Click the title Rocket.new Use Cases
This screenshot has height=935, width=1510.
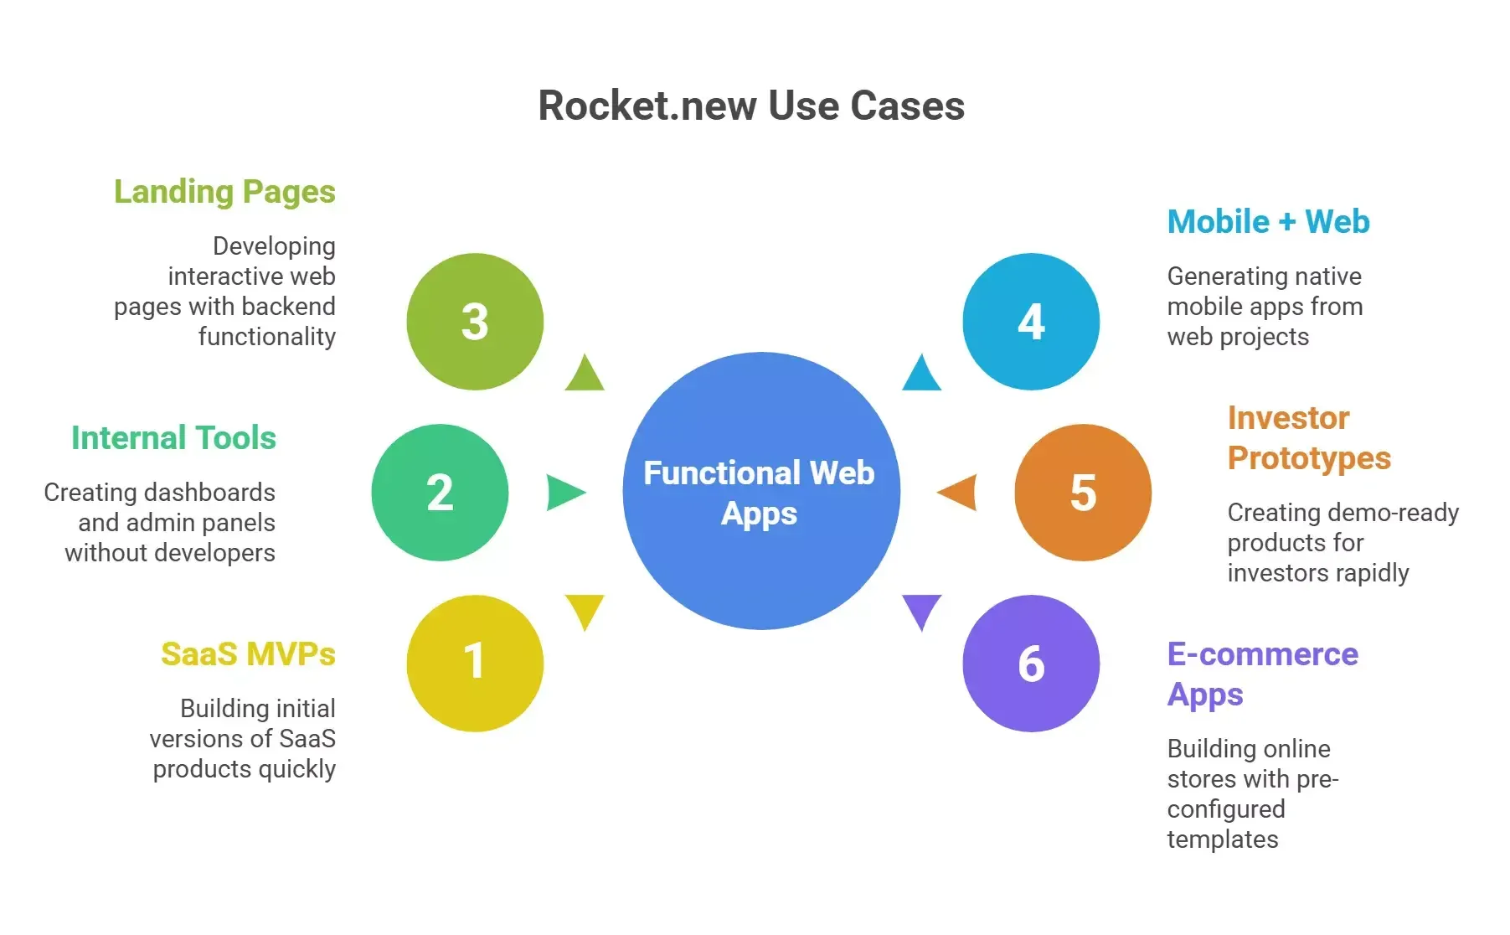point(751,106)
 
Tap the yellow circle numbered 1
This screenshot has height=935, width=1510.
point(475,663)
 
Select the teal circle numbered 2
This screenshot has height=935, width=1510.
point(440,493)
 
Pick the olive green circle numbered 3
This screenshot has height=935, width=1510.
point(475,322)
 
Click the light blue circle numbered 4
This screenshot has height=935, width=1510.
point(1031,322)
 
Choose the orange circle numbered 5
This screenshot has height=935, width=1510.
point(1083,493)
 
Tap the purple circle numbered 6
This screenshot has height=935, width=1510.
point(1031,663)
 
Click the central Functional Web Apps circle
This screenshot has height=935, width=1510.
point(760,492)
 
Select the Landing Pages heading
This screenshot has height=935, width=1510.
point(224,192)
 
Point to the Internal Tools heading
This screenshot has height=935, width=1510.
point(173,438)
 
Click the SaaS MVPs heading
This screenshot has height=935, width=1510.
point(248,654)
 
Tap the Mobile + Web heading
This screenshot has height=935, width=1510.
point(1268,222)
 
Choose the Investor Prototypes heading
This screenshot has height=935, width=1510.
point(1308,438)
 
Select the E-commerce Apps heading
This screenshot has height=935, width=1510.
point(1262,674)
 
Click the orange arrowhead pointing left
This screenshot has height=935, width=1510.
point(959,493)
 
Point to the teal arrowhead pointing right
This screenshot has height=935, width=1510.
point(564,493)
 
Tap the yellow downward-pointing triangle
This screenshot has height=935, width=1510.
point(585,609)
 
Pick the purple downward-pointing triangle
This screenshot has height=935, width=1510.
point(921,609)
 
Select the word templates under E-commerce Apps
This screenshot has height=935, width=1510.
point(1223,839)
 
